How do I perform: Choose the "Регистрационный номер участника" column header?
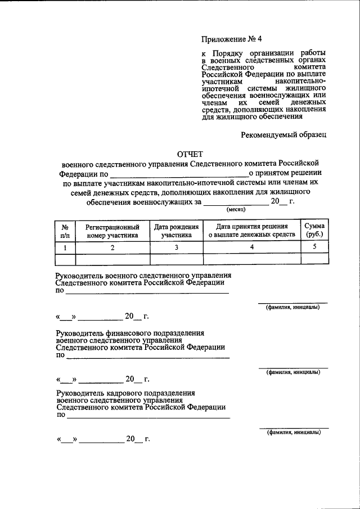(x=112, y=231)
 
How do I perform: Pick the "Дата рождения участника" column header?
(x=176, y=231)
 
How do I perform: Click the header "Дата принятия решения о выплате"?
(x=251, y=231)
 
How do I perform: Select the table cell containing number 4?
(x=251, y=247)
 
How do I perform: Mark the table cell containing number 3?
(x=176, y=247)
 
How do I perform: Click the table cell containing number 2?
(x=112, y=247)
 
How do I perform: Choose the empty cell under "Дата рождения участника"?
(x=176, y=259)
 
